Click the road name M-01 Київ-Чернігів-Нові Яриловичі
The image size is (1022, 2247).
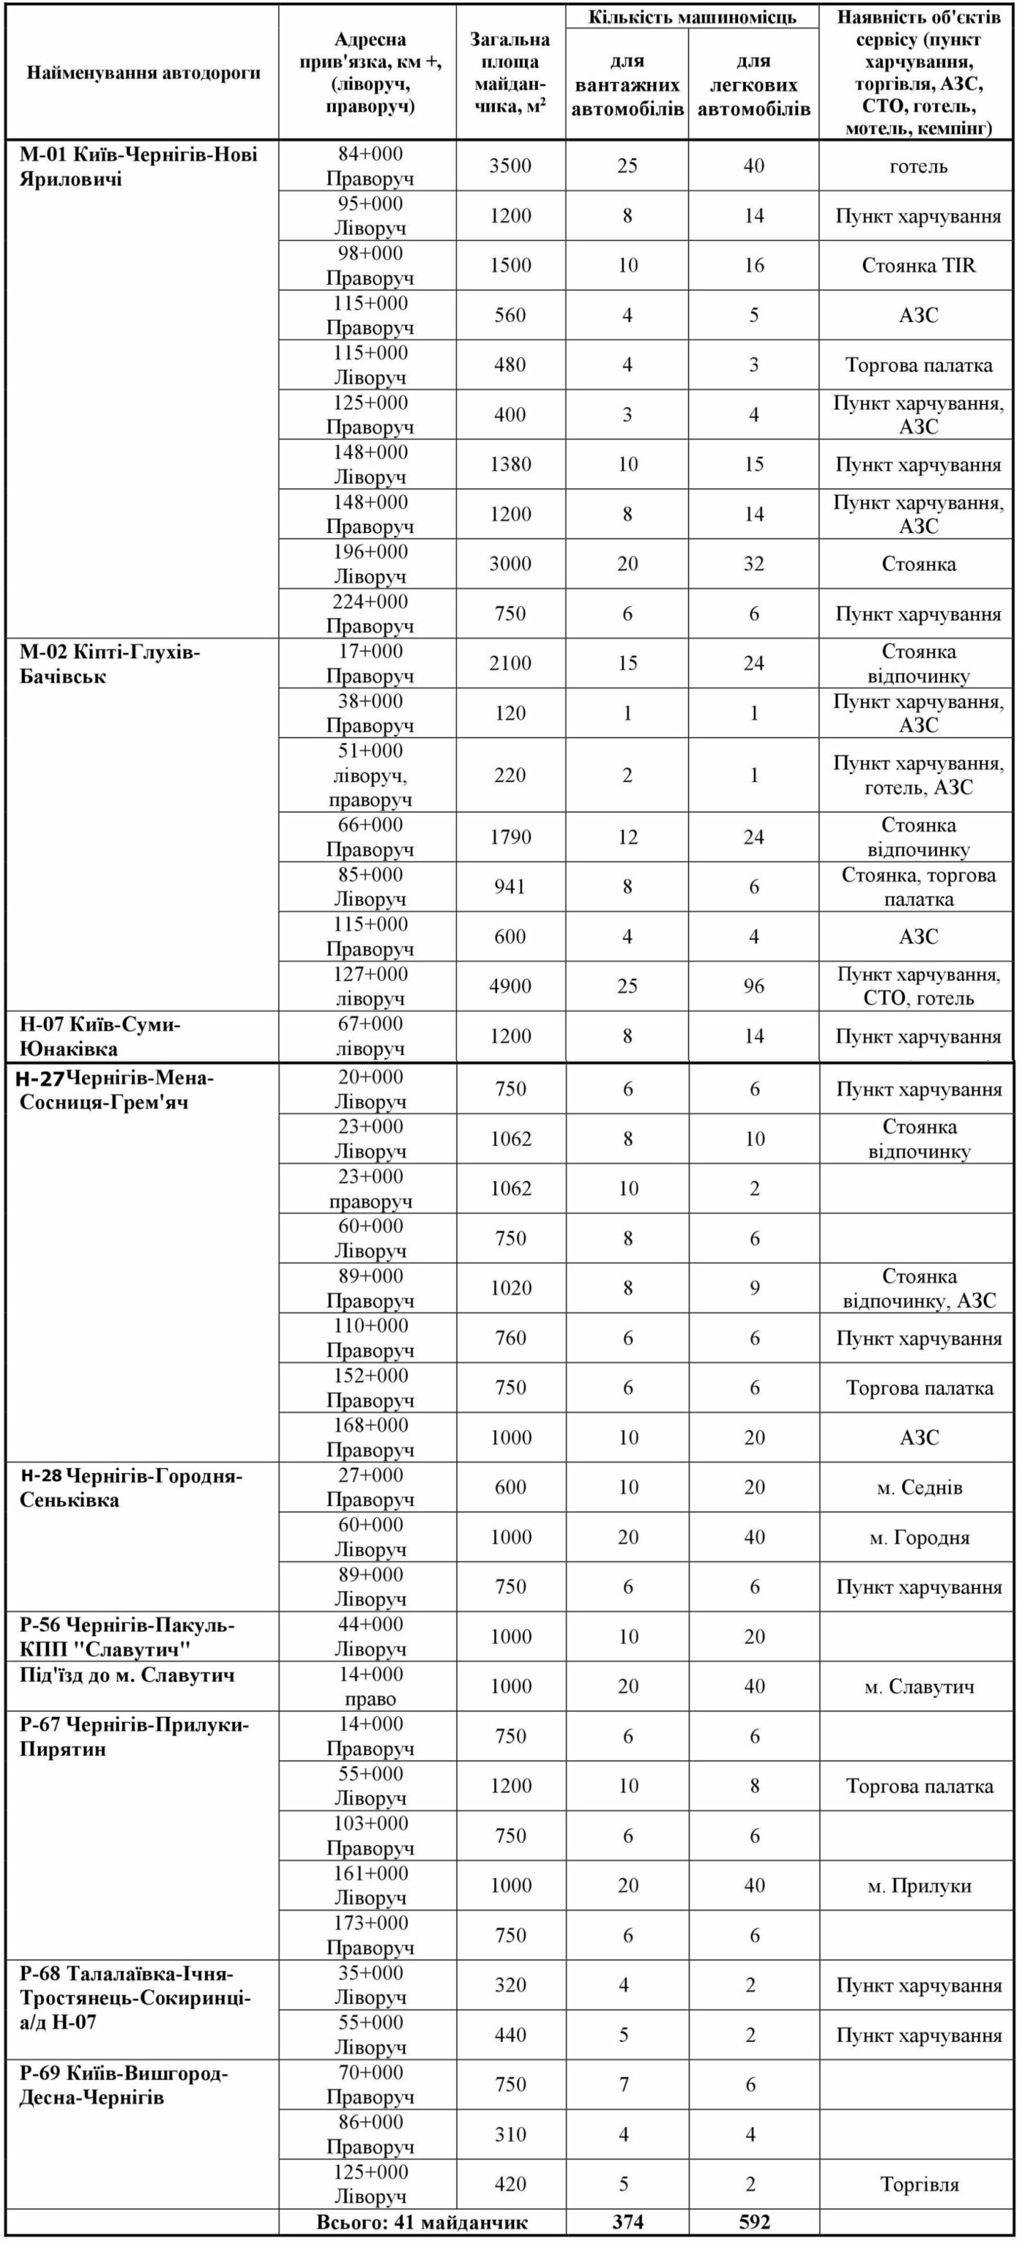(x=139, y=166)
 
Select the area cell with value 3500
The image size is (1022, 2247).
(x=510, y=166)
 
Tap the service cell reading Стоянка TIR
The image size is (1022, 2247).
(x=918, y=266)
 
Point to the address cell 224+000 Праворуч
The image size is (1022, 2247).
(x=371, y=614)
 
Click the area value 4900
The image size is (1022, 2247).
(x=510, y=986)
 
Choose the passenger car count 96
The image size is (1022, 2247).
(x=754, y=986)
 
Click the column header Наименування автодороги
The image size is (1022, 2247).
(x=143, y=73)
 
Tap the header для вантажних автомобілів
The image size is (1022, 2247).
(x=627, y=85)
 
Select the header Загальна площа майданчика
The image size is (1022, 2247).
(x=510, y=73)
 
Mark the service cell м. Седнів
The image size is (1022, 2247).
(x=919, y=1488)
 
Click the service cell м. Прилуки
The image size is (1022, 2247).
(x=919, y=1886)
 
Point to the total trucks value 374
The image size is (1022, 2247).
(x=628, y=2221)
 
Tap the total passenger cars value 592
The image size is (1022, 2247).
(x=754, y=2221)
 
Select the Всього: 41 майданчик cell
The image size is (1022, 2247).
(x=422, y=2221)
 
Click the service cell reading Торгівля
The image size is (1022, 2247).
(x=919, y=2184)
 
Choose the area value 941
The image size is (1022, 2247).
(x=510, y=887)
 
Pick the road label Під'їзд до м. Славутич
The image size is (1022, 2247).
(x=127, y=1675)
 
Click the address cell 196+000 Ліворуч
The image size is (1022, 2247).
(x=371, y=564)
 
